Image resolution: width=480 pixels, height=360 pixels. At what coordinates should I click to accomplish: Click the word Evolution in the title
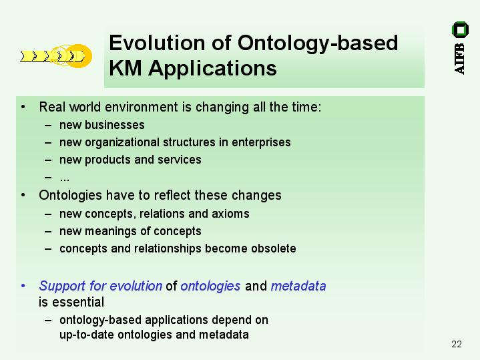click(157, 43)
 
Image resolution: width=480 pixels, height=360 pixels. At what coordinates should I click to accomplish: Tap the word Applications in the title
click(212, 68)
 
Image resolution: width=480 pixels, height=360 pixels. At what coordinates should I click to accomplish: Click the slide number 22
click(457, 344)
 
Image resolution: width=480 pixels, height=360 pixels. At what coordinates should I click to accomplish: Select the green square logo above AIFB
click(460, 29)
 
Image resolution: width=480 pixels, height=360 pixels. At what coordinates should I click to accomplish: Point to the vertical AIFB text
click(459, 59)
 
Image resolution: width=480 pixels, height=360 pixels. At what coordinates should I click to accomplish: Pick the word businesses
click(114, 125)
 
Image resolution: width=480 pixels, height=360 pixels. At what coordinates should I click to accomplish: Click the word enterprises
click(261, 142)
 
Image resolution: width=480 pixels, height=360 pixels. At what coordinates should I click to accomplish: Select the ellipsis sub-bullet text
click(65, 179)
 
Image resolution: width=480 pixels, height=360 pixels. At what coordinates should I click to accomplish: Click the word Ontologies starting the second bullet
click(70, 196)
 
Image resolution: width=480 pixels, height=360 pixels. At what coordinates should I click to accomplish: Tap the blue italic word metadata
click(298, 286)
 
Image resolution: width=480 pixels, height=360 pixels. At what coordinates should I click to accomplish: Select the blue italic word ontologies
click(210, 286)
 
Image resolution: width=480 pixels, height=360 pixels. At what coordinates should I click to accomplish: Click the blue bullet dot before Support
click(23, 286)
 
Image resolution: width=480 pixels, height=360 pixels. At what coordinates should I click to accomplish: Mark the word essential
click(78, 303)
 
